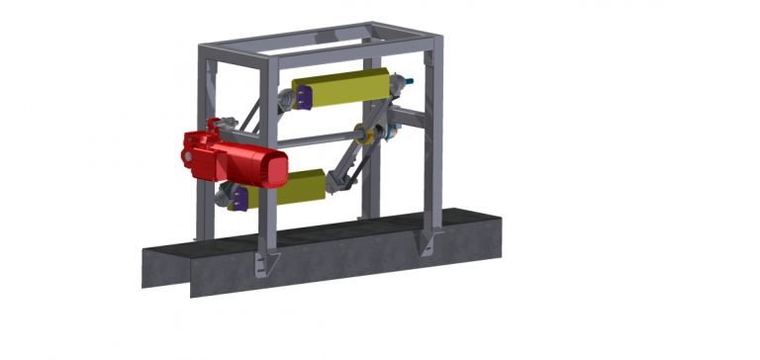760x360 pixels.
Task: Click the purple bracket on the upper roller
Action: [x=304, y=96]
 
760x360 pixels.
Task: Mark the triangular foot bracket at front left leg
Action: [x=266, y=262]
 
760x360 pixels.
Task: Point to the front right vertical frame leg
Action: [x=434, y=148]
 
